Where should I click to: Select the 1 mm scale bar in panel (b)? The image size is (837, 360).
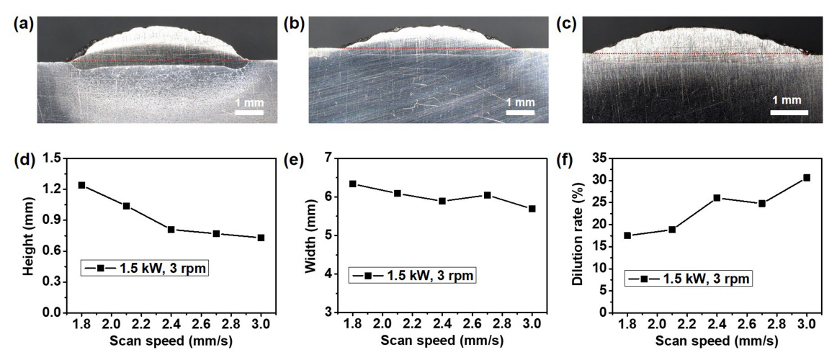tap(521, 112)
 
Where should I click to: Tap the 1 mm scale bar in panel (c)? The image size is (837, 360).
tap(786, 112)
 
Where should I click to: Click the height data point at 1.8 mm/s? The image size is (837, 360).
tap(81, 185)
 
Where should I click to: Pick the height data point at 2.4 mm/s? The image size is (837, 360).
tap(171, 229)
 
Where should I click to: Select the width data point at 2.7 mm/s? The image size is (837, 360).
tap(487, 195)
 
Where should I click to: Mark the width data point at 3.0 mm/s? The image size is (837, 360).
tap(532, 209)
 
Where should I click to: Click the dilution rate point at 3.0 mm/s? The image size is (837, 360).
tap(807, 177)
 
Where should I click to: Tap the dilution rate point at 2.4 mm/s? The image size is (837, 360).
tap(717, 197)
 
